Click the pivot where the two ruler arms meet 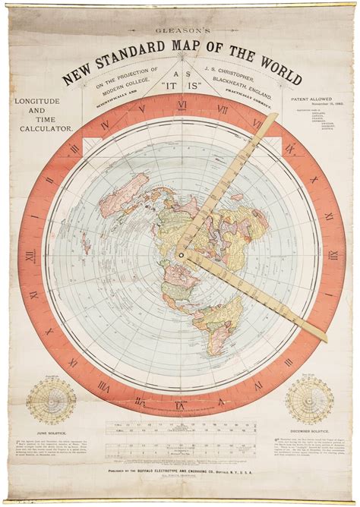[x=182, y=256]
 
